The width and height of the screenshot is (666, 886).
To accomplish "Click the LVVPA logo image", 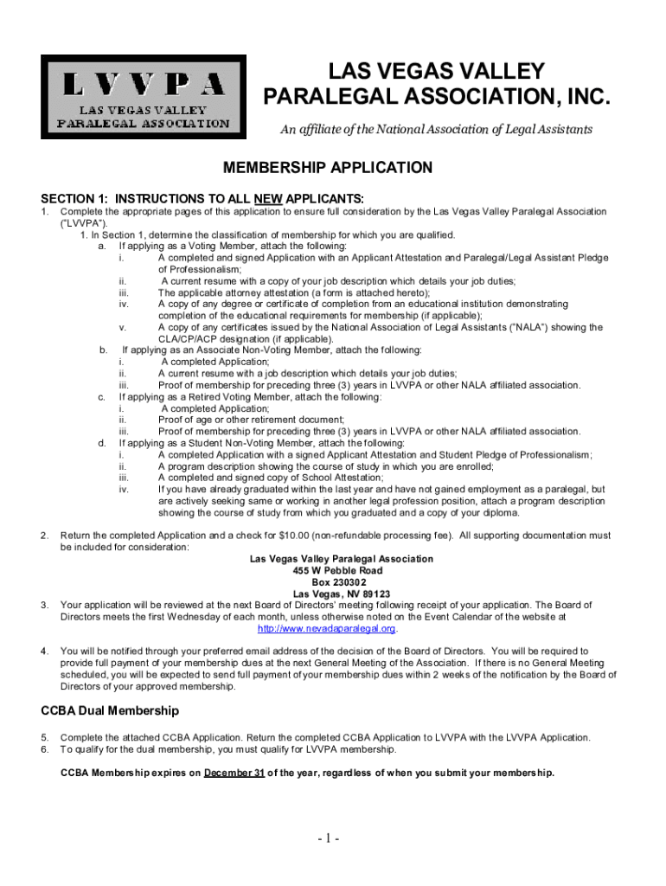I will coord(144,97).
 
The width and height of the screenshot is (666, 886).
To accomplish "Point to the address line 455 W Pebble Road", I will coord(341,571).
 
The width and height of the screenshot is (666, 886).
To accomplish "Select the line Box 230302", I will coord(341,582).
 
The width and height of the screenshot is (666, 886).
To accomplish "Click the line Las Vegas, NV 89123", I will coord(341,594).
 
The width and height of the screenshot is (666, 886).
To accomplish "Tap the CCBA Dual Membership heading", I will coord(111,710).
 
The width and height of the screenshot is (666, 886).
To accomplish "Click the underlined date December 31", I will coord(234,773).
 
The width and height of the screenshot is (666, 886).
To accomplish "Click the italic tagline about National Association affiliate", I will coord(435,130).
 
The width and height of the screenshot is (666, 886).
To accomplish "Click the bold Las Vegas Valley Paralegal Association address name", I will coord(341,559).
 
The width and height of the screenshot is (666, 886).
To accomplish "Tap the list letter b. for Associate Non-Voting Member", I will coord(104,350).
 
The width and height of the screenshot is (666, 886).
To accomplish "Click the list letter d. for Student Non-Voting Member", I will coord(104,443).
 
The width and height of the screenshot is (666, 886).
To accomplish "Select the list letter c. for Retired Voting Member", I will coord(104,397).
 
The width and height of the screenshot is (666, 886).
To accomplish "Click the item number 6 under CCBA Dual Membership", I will coord(44,749).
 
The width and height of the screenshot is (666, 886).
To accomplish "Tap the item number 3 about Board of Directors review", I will coord(44,605).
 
